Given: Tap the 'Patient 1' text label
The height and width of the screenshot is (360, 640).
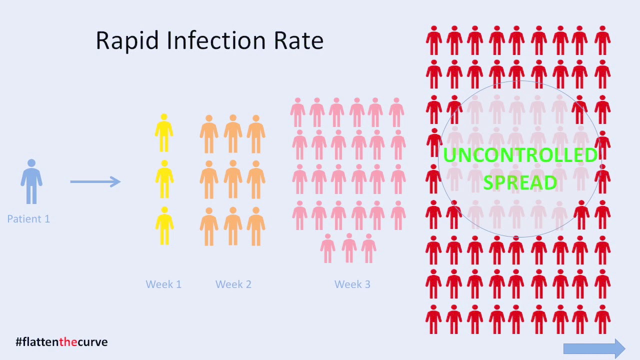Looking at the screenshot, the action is [28, 219].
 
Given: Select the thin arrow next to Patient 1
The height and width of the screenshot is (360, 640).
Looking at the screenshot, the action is [95, 181].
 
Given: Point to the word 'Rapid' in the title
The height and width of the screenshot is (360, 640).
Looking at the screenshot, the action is [127, 40].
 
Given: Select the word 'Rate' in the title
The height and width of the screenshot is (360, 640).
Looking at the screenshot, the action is [298, 40].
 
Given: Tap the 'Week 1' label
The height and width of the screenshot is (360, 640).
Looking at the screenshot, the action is [163, 284].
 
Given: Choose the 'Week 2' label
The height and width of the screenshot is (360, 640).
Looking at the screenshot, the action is [233, 284].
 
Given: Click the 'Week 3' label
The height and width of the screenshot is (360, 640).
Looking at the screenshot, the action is [352, 284].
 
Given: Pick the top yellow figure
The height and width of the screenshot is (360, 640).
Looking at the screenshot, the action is [164, 133].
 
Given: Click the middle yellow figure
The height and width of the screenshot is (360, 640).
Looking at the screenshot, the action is [164, 179].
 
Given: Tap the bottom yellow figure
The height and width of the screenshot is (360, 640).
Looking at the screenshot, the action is [164, 225].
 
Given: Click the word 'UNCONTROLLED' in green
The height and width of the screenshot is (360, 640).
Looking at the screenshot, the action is [520, 155].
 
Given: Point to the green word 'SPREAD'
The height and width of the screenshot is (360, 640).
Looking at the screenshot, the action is [520, 182].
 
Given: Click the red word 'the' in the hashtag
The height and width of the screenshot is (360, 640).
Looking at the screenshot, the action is [68, 341].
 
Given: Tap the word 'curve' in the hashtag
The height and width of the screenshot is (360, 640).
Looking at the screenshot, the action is [92, 342].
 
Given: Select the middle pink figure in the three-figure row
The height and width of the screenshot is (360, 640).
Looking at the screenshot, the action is [349, 248].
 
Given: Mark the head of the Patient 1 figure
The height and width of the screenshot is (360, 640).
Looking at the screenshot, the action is [31, 163].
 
